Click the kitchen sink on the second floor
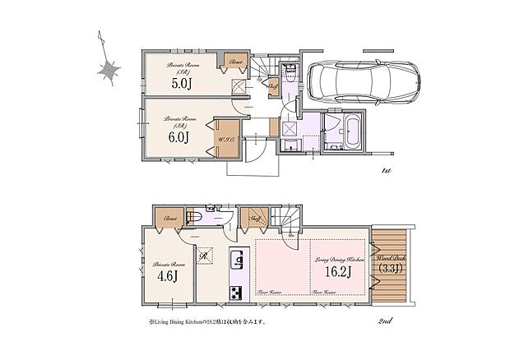[x=237, y=262]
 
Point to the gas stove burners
[x=236, y=292]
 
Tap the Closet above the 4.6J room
[x=170, y=219]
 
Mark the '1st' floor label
[x=385, y=170]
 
